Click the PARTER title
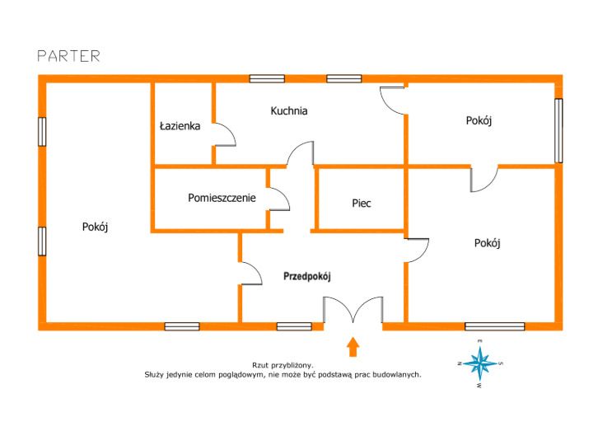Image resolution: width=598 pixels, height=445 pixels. click(x=68, y=56)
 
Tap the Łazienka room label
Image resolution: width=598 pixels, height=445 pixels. click(x=180, y=126)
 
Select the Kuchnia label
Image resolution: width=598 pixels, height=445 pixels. click(x=289, y=110)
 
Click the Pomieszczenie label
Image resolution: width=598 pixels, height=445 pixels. click(x=222, y=198)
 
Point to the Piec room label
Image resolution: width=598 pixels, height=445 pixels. click(x=361, y=202)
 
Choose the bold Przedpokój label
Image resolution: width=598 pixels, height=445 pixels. click(x=306, y=277)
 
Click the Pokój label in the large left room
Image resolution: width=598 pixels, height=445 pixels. click(x=96, y=227)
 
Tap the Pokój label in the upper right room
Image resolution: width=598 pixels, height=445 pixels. click(x=479, y=120)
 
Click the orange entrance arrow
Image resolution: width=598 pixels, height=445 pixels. click(x=353, y=346)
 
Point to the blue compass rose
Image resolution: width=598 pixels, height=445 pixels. click(x=479, y=363)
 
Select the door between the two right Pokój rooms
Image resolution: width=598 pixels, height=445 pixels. click(x=484, y=178)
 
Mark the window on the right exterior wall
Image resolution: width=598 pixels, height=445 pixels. click(x=558, y=130)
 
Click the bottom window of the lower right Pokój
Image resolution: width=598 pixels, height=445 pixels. click(x=494, y=326)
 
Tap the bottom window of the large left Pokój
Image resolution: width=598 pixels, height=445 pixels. click(x=181, y=326)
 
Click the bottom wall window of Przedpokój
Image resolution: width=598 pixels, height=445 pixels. click(x=294, y=326)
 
